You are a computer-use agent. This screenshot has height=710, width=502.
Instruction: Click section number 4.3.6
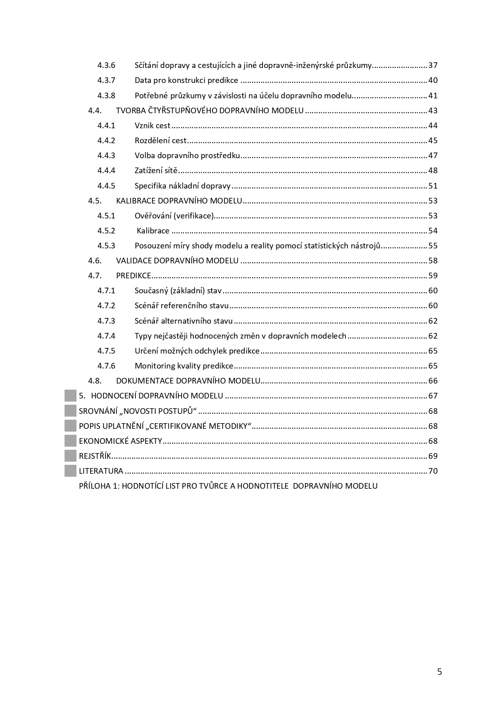(106, 65)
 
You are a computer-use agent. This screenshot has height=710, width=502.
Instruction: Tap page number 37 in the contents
(433, 65)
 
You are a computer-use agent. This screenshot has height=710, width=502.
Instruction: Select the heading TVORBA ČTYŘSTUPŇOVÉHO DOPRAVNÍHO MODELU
(210, 110)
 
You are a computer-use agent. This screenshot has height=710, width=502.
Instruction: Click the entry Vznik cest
(153, 125)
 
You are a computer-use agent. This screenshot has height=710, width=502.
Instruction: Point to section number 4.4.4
(106, 170)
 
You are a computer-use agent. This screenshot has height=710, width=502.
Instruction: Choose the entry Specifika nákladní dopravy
(182, 186)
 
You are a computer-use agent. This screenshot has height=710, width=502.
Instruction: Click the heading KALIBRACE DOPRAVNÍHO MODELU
(179, 201)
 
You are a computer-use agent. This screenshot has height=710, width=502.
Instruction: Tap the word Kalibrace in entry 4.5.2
(153, 231)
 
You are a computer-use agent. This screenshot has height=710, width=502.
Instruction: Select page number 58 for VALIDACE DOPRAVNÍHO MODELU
(433, 261)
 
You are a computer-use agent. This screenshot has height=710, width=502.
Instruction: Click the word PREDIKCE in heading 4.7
(133, 276)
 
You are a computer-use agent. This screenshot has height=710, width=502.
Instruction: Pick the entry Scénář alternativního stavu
(184, 321)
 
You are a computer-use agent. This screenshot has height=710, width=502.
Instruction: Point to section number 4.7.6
(106, 366)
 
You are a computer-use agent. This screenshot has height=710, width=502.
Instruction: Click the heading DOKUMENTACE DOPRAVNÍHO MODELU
(188, 381)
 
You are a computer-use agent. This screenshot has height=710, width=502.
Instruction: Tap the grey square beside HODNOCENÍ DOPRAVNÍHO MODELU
(70, 396)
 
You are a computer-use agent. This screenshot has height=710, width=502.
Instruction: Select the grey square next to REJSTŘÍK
(70, 456)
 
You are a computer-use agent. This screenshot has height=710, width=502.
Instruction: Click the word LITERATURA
(101, 471)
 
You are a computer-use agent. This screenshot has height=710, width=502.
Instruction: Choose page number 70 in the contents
(433, 471)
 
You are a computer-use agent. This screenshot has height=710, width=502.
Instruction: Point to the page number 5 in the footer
(439, 672)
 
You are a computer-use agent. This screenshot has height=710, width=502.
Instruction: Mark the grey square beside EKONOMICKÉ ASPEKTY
(70, 441)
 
